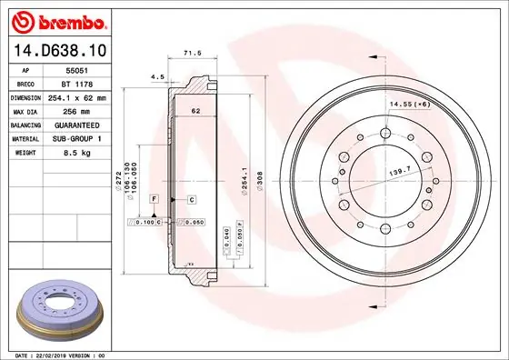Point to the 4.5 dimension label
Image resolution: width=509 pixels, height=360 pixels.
(156, 77)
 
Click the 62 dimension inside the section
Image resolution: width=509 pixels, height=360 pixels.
(195, 111)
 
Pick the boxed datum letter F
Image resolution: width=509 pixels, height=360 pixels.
(155, 197)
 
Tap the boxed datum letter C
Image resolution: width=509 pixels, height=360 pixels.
(193, 198)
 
